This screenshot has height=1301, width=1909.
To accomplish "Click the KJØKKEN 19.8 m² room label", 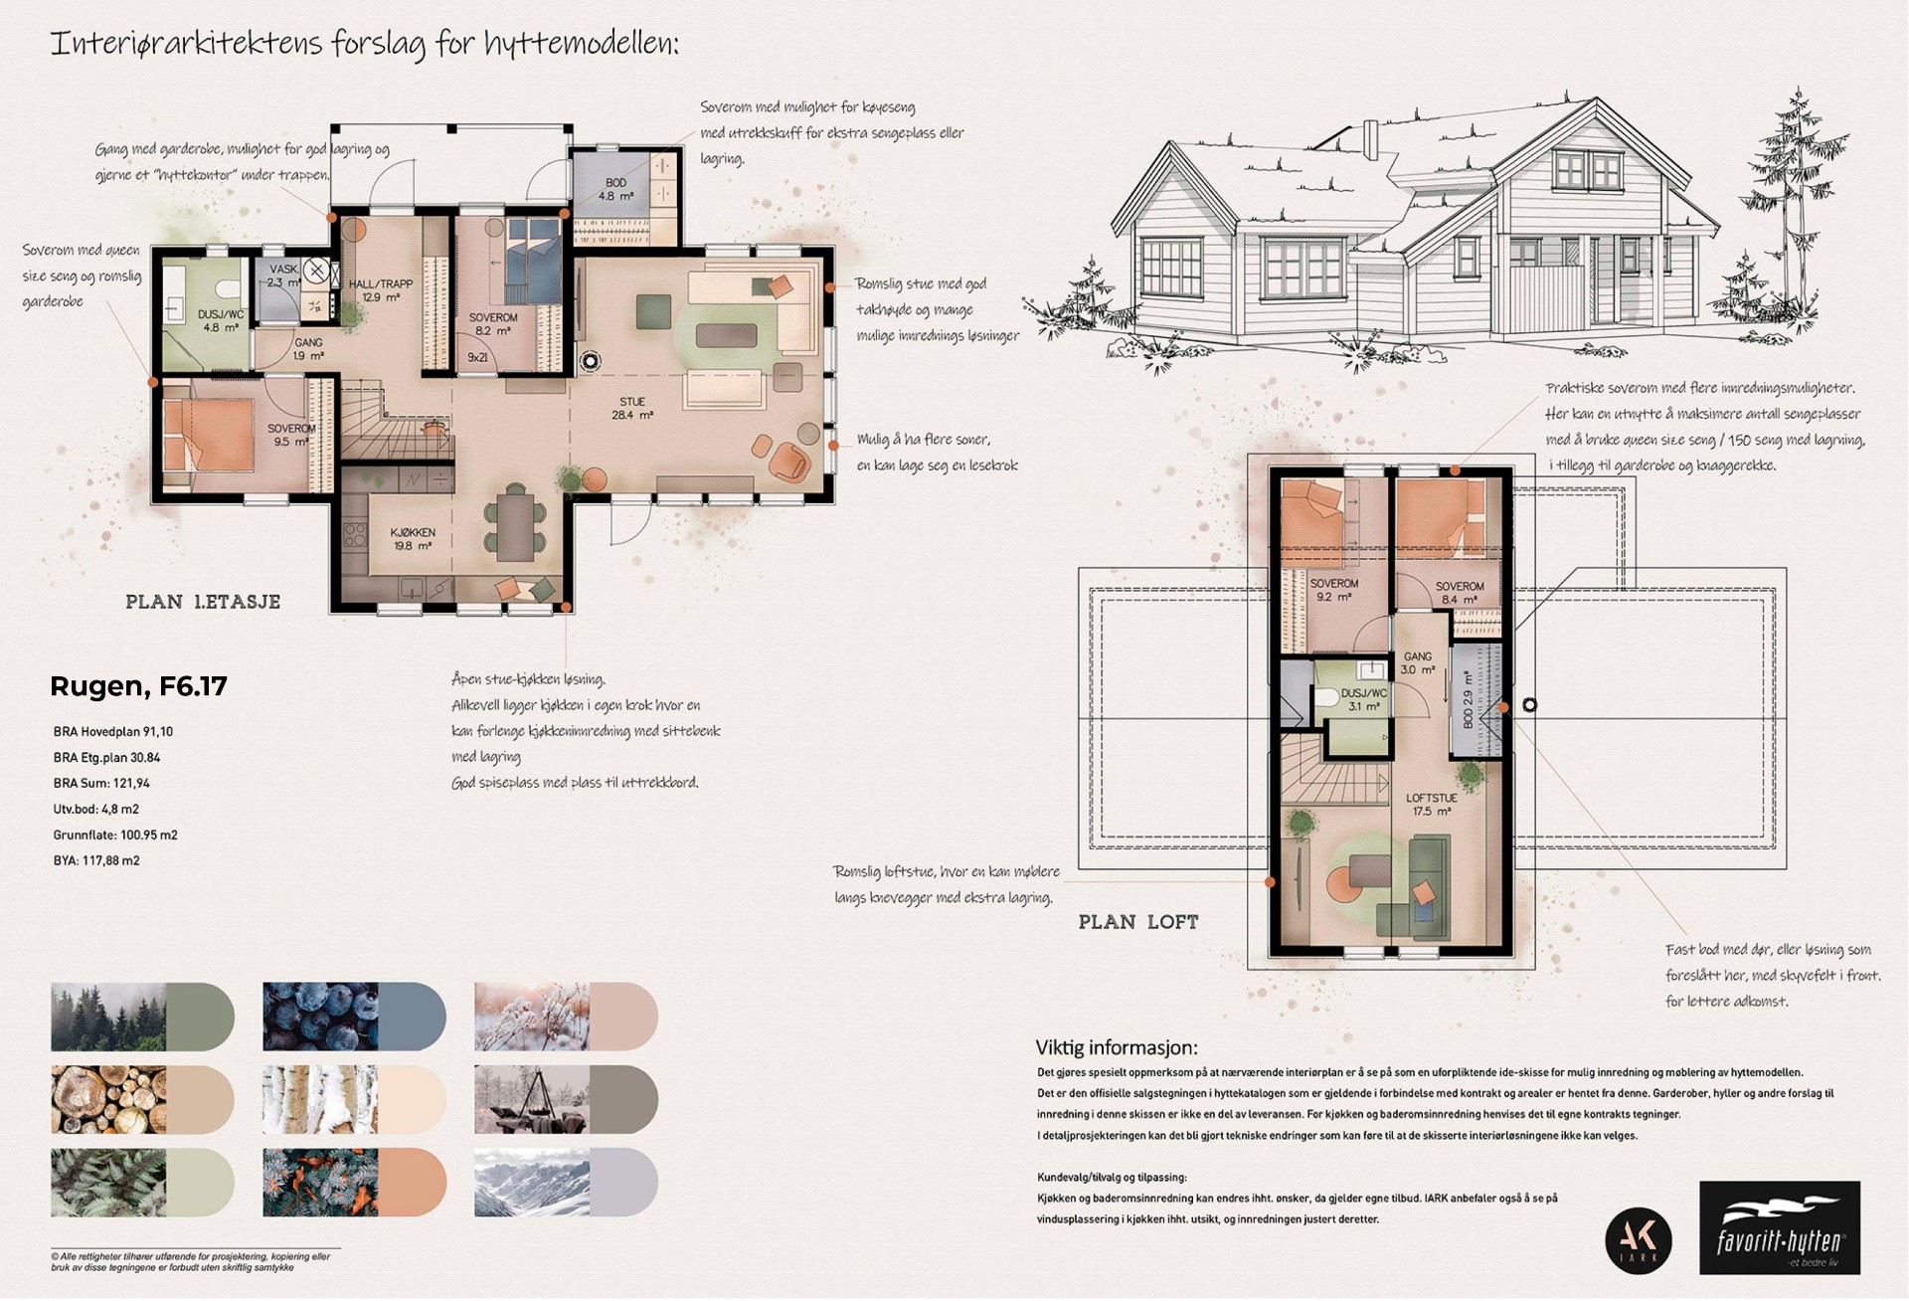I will [x=412, y=539].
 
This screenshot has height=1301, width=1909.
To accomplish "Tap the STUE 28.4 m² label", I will [x=632, y=409].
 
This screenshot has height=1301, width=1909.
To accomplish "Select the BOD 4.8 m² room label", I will [x=615, y=190].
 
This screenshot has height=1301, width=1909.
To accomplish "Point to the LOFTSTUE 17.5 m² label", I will [x=1431, y=805].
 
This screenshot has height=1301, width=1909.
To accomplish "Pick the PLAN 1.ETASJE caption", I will [x=203, y=602].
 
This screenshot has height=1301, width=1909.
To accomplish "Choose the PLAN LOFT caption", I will [x=1138, y=922].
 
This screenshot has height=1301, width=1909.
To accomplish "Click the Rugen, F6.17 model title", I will [x=138, y=686].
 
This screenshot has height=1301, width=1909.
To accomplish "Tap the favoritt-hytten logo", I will [x=1779, y=1227].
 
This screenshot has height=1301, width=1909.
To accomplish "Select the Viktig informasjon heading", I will [x=1117, y=1047].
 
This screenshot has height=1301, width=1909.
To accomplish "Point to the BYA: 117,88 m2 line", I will [x=96, y=861].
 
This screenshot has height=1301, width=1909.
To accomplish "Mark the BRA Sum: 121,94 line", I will [x=101, y=784].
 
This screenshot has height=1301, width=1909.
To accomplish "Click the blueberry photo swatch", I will [x=320, y=1018].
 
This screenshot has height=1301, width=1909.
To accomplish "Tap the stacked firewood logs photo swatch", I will [x=108, y=1100].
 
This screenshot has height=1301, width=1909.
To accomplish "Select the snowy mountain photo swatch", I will [x=532, y=1183].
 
